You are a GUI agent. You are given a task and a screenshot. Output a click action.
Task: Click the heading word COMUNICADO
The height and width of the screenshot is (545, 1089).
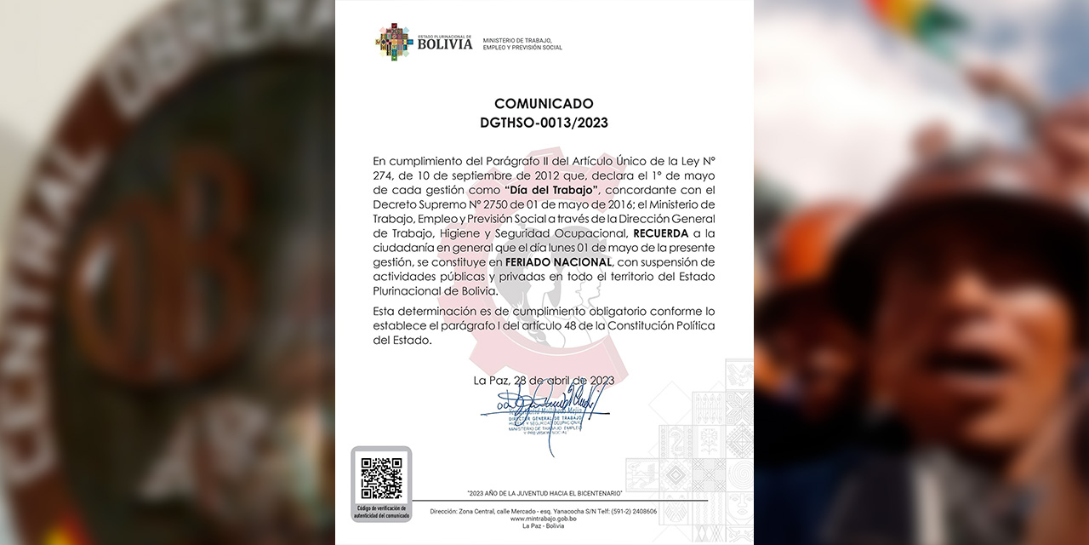pyautogui.click(x=544, y=104)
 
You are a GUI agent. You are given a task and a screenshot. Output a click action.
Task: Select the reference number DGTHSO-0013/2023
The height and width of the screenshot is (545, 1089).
pyautogui.click(x=544, y=123)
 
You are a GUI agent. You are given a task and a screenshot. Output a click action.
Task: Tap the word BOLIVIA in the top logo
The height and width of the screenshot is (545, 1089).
pyautogui.click(x=444, y=44)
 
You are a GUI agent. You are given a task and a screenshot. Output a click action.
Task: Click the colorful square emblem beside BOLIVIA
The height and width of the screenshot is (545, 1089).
pyautogui.click(x=395, y=42)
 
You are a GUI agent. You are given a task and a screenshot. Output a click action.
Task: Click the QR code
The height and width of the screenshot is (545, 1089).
pyautogui.click(x=381, y=479)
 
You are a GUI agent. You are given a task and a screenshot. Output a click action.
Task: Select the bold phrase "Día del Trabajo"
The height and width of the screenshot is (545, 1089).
pyautogui.click(x=552, y=189)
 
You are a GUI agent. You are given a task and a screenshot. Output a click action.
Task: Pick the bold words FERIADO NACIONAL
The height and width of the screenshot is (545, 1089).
pyautogui.click(x=558, y=261)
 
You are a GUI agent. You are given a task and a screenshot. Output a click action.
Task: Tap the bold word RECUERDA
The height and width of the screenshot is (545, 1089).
pyautogui.click(x=661, y=232)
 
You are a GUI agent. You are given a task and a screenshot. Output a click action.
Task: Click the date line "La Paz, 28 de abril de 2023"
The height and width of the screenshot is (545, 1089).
pyautogui.click(x=543, y=380)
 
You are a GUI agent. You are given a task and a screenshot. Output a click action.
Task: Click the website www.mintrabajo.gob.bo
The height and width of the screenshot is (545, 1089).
pyautogui.click(x=543, y=519)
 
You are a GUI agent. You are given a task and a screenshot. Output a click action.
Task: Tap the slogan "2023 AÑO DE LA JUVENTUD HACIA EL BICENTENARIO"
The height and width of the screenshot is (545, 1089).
pyautogui.click(x=544, y=494)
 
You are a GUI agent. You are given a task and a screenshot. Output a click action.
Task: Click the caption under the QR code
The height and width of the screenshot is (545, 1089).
pyautogui.click(x=381, y=511)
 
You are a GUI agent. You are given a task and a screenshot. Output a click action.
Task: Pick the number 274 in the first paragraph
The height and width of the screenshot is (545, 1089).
pyautogui.click(x=384, y=175)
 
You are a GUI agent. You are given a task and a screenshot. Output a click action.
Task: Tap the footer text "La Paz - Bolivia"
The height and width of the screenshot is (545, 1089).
pyautogui.click(x=543, y=526)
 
